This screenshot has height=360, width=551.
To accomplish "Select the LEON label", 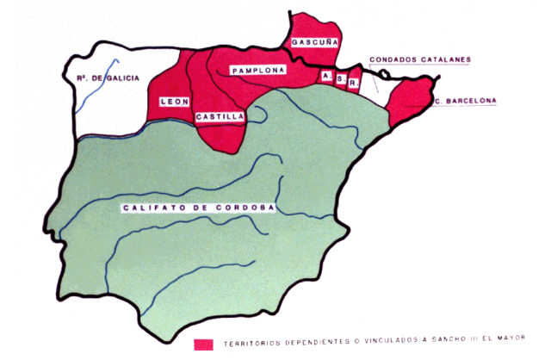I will (x=174, y=102).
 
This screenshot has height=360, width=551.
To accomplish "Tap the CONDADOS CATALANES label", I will (x=420, y=60).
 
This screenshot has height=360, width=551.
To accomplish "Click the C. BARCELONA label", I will (x=466, y=102).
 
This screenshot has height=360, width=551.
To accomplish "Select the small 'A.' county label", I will (x=326, y=76).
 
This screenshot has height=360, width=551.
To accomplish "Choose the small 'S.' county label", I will (x=341, y=80).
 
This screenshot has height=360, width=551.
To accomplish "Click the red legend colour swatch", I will (x=204, y=343).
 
